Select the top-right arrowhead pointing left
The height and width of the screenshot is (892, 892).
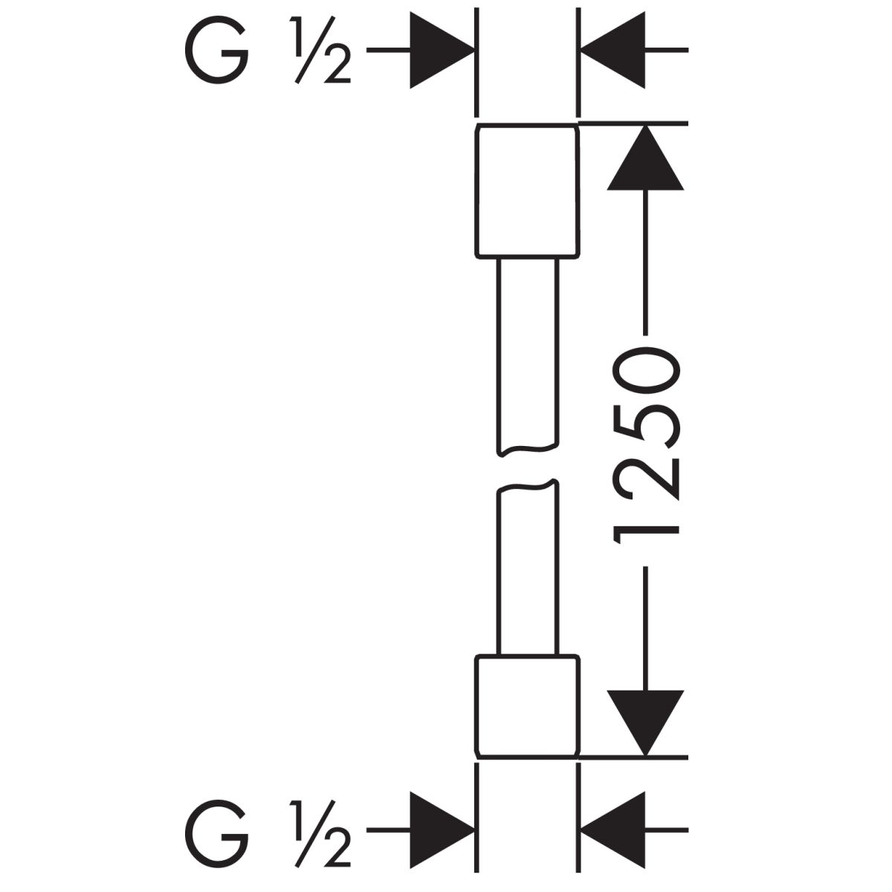coord(613,51)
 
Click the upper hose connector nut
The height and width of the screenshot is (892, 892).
coord(526,192)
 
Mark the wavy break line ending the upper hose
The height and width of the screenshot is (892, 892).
coord(526,449)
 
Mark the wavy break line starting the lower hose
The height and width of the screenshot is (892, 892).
coord(526,488)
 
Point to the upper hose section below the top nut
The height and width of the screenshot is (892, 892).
coord(526,349)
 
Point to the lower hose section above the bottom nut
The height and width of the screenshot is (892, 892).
coord(526,572)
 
